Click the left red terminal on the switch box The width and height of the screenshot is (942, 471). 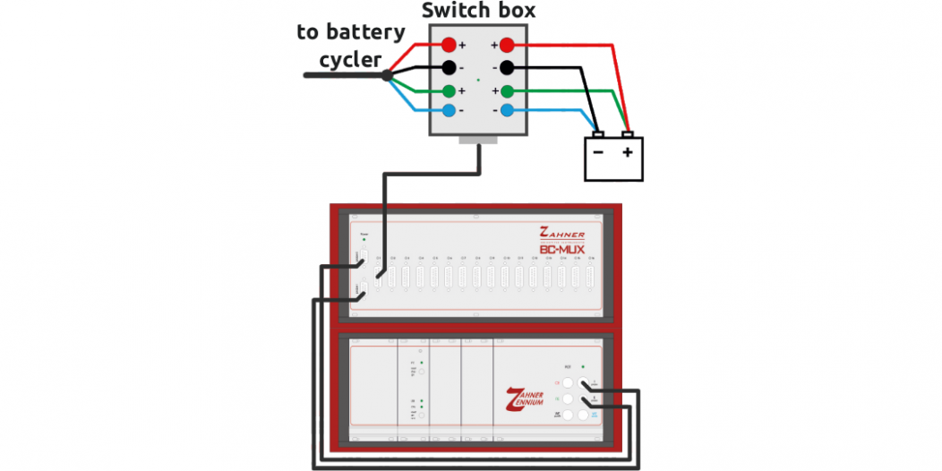pyautogui.click(x=448, y=45)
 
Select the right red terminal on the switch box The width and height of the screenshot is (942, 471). pyautogui.click(x=507, y=45)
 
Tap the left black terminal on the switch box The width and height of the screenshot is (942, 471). pyautogui.click(x=448, y=68)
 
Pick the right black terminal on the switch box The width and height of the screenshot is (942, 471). pyautogui.click(x=507, y=68)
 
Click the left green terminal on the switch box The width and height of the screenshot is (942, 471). pyautogui.click(x=448, y=90)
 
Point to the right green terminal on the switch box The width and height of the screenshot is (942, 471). pyautogui.click(x=507, y=90)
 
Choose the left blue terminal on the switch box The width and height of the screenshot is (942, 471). pyautogui.click(x=448, y=110)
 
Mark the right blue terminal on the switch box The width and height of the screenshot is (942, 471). pyautogui.click(x=507, y=110)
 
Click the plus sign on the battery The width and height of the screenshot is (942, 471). pyautogui.click(x=628, y=153)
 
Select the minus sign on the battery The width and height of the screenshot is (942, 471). pyautogui.click(x=597, y=153)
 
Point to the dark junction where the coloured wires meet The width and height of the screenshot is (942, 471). pyautogui.click(x=387, y=75)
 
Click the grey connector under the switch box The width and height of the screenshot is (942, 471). pyautogui.click(x=478, y=140)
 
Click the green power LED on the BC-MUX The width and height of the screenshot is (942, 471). pyautogui.click(x=364, y=241)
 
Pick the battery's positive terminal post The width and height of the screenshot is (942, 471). pyautogui.click(x=629, y=135)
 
